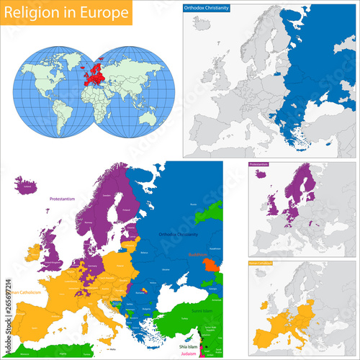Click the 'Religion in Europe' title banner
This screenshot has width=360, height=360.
click(x=66, y=12)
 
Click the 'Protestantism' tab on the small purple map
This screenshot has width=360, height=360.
click(x=261, y=166)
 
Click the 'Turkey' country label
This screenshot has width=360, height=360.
click(x=189, y=322)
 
